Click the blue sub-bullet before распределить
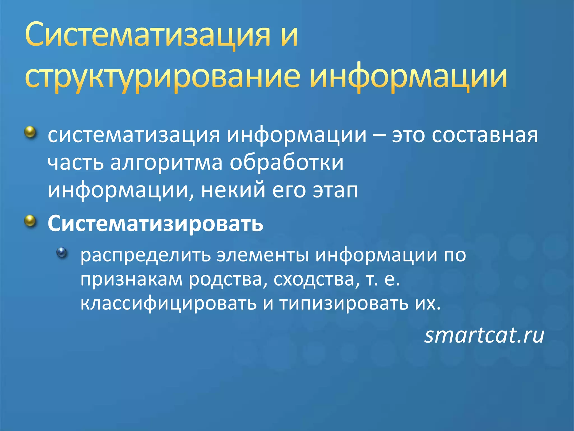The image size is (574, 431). pyautogui.click(x=62, y=253)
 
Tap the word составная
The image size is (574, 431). pyautogui.click(x=485, y=135)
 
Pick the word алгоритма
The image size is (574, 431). pyautogui.click(x=166, y=163)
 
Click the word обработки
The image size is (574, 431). pyautogui.click(x=286, y=163)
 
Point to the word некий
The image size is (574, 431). pyautogui.click(x=233, y=190)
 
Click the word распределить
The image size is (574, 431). pyautogui.click(x=145, y=255)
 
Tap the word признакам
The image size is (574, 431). pyautogui.click(x=131, y=279)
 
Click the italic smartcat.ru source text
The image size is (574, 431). pyautogui.click(x=484, y=335)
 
